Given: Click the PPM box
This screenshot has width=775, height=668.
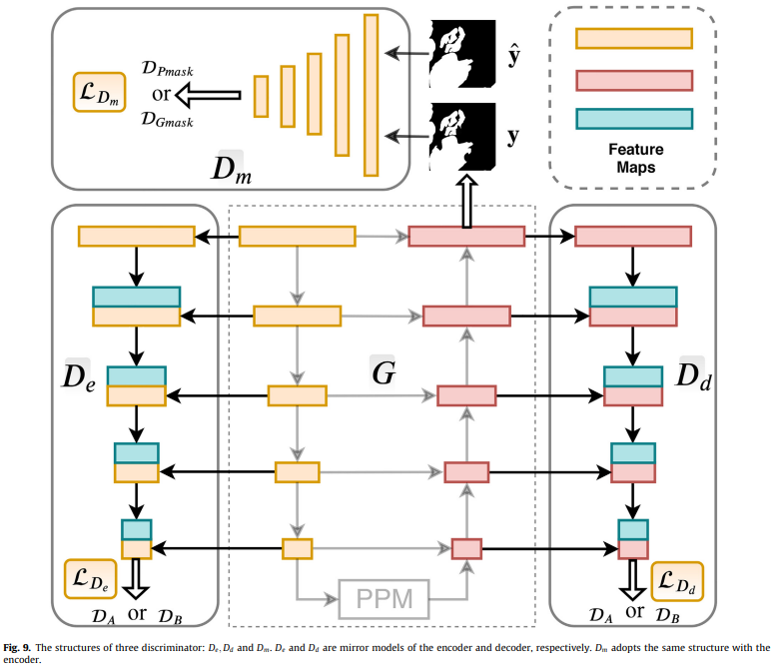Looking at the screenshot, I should click(385, 601).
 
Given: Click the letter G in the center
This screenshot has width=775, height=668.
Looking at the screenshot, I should click(384, 374).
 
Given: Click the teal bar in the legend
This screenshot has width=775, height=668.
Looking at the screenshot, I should click(633, 118).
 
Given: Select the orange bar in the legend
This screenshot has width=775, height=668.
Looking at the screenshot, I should click(633, 39).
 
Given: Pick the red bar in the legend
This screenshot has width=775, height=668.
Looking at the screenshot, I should click(633, 80).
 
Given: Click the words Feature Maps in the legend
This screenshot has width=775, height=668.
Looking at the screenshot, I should click(634, 159).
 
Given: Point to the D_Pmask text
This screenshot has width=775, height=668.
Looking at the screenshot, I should click(167, 71).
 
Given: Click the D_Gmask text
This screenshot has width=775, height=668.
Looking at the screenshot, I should click(167, 121).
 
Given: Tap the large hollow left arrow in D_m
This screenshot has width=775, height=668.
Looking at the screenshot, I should click(209, 96).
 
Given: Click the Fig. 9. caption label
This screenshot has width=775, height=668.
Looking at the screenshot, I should click(19, 648).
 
